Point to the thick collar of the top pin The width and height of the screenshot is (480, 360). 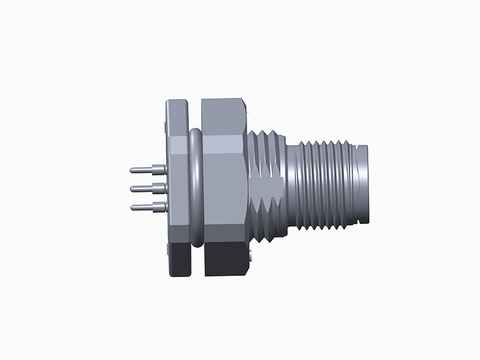pyautogui.click(x=159, y=170)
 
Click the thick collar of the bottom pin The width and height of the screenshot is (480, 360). pyautogui.click(x=159, y=208)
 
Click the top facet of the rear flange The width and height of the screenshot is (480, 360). pyautogui.click(x=179, y=117)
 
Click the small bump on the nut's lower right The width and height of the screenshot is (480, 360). pyautogui.click(x=247, y=257)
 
